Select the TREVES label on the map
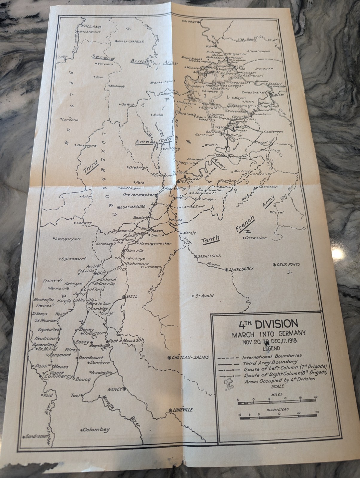(187, 182)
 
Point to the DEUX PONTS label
(288, 264)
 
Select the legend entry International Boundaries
(272, 356)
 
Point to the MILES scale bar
(277, 403)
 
